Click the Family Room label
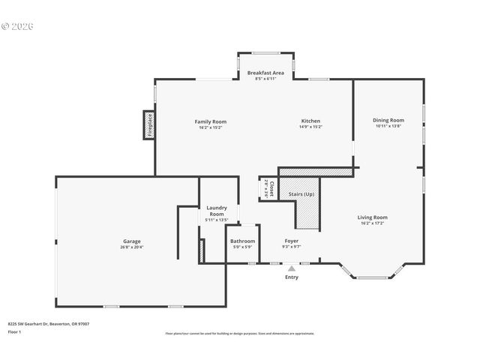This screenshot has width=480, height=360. [x=211, y=121]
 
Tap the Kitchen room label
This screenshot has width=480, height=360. [x=310, y=121]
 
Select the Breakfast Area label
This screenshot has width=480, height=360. [x=265, y=73]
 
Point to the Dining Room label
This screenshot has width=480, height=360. [x=388, y=120]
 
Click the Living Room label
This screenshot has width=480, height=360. [x=373, y=217]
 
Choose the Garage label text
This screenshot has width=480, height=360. [x=132, y=241]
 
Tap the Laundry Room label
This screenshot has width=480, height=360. [x=216, y=211]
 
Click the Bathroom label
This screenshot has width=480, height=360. [x=242, y=241]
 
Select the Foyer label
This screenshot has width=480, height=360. [x=291, y=241]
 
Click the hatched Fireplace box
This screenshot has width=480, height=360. [x=149, y=124]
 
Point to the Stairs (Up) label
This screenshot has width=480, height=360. [x=301, y=194]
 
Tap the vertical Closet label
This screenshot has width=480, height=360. [x=271, y=188]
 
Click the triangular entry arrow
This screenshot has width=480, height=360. [x=292, y=267]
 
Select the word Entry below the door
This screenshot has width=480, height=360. [x=292, y=277]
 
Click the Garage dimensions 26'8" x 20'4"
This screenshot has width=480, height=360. [x=132, y=247]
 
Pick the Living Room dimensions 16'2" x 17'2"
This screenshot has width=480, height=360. [x=373, y=223]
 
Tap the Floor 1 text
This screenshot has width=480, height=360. [x=15, y=331]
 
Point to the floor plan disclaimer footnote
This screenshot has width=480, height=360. [x=240, y=334]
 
